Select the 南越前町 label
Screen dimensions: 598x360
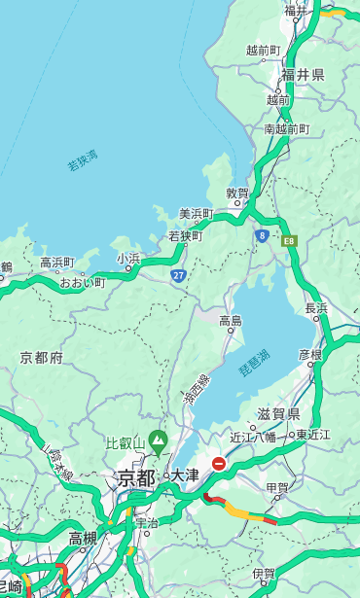tap(286, 128)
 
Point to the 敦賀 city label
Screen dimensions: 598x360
tap(237, 193)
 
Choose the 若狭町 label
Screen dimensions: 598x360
tap(185, 235)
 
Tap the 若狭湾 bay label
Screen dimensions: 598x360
tap(83, 160)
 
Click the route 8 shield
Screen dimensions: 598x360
tap(262, 235)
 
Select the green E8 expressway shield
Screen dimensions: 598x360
tap(289, 240)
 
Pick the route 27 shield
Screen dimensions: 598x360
tap(179, 276)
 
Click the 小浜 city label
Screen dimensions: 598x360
tap(128, 258)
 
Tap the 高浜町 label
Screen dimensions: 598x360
tap(56, 263)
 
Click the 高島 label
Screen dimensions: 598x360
tap(231, 321)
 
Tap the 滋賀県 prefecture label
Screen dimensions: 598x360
tap(279, 414)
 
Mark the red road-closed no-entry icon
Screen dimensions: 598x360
tap(219, 465)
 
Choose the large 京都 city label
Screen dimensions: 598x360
tap(136, 477)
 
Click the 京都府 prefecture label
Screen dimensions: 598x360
tap(42, 358)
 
